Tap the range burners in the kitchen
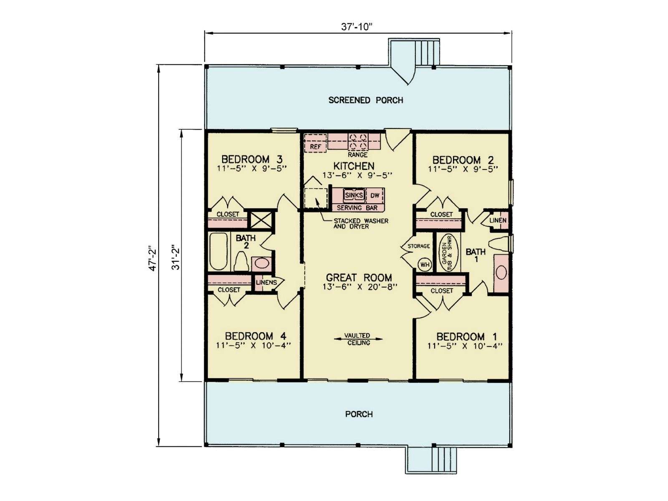point(357,142)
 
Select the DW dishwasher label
point(375,195)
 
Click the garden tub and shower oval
point(448,253)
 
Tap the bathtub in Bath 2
point(218,251)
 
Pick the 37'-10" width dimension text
point(357,27)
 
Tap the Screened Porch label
point(366,100)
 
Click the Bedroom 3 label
point(252,159)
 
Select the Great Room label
point(359,277)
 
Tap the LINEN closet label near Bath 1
point(498,220)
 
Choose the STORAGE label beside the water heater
point(418,246)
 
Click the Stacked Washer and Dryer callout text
point(361,224)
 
